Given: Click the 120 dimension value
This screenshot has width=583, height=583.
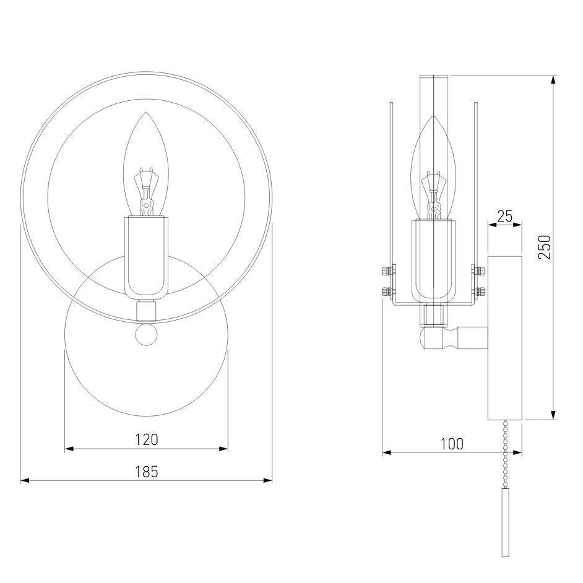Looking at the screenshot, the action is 147,439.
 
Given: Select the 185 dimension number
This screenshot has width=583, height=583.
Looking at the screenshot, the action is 147,472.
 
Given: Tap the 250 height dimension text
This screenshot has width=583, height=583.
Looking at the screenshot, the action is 545,247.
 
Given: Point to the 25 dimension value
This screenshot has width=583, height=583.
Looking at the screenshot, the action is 505,216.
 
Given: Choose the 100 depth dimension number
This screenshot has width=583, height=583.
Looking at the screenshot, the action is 452,444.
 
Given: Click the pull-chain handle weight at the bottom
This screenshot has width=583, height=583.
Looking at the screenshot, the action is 505,522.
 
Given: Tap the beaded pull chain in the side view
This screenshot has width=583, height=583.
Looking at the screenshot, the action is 505,454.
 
